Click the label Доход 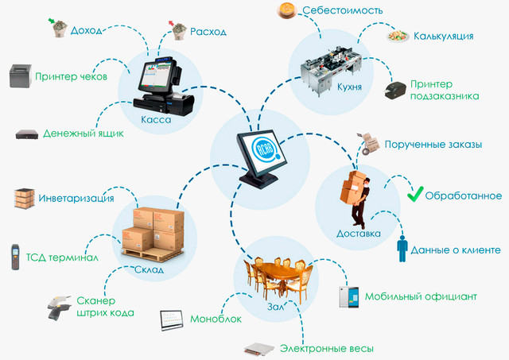[x=86, y=30]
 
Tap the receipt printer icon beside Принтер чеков [x=21, y=75]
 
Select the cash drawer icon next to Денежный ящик [x=27, y=134]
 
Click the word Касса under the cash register [x=156, y=120]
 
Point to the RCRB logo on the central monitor [x=265, y=149]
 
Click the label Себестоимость [x=343, y=10]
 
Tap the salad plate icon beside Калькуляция [x=398, y=35]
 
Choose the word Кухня [x=349, y=87]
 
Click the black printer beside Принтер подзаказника [x=395, y=91]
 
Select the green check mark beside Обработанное [x=415, y=194]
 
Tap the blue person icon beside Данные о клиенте [x=402, y=248]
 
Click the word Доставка [x=359, y=234]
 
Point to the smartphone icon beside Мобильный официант [x=349, y=296]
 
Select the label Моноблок [x=216, y=319]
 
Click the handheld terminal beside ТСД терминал [x=15, y=257]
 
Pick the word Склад [x=149, y=269]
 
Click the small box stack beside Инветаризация [x=25, y=198]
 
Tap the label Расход [x=208, y=32]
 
